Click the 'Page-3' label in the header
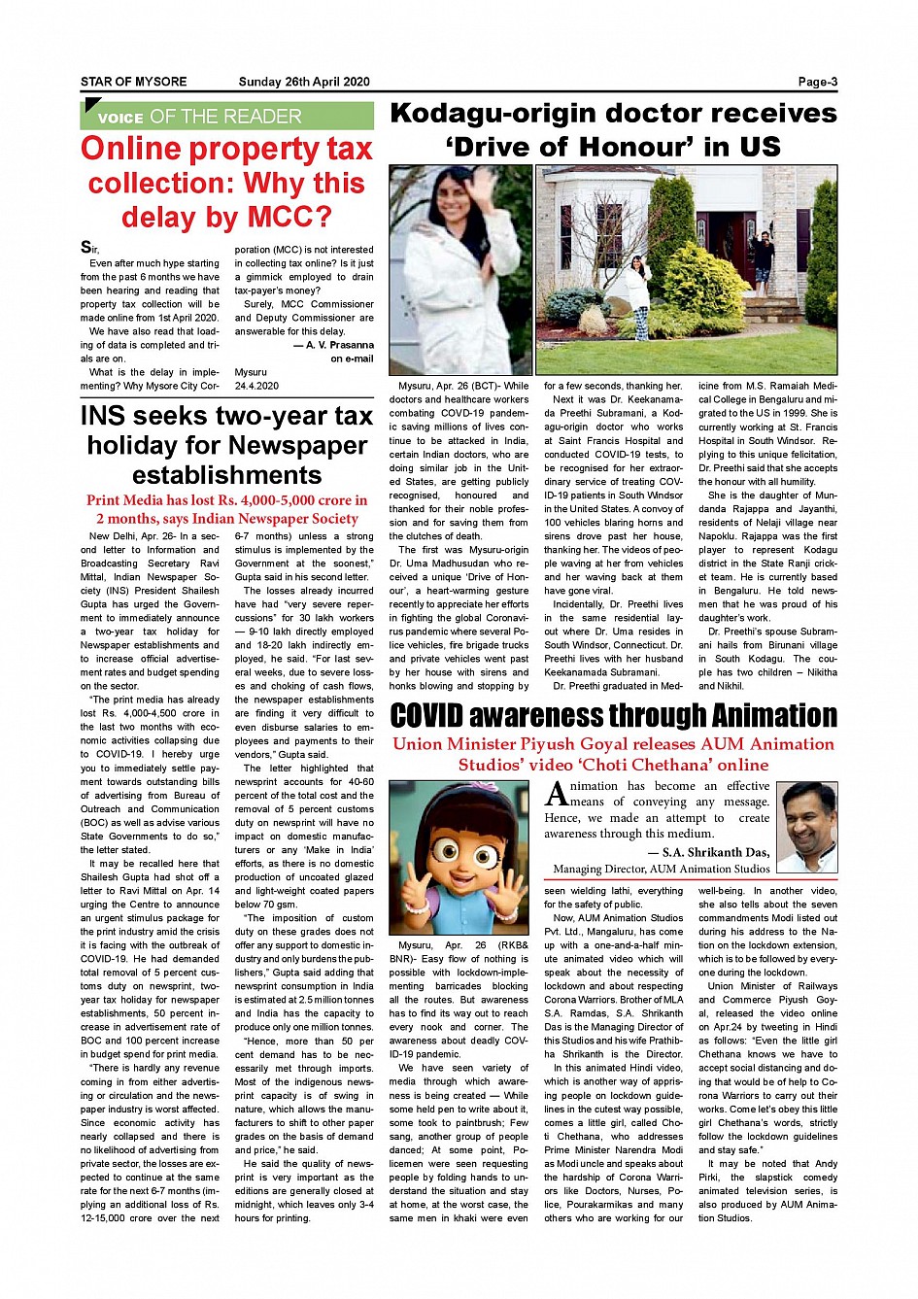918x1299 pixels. click(817, 83)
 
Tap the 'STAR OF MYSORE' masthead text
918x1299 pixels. click(133, 83)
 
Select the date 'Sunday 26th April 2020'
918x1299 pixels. click(303, 83)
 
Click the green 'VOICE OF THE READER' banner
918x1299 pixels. click(226, 117)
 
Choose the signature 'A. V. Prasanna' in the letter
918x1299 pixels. click(339, 345)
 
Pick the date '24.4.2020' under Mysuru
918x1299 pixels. click(256, 386)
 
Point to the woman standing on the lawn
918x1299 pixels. click(639, 296)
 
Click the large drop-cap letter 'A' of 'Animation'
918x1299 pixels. click(557, 795)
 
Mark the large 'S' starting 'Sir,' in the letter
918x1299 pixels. click(86, 249)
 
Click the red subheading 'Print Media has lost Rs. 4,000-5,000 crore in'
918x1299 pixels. click(226, 501)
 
